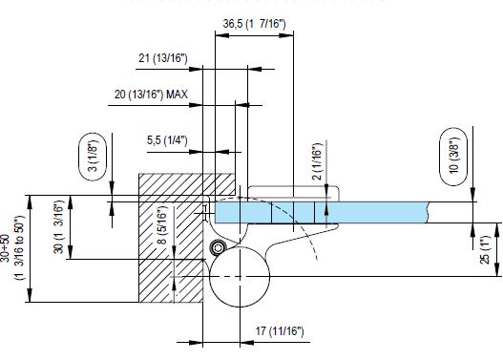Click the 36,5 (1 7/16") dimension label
tap(254, 24)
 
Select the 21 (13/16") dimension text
tap(163, 58)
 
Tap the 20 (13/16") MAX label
tap(151, 95)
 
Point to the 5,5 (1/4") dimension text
tap(167, 140)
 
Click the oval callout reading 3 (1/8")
tap(93, 157)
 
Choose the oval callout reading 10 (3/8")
tap(453, 157)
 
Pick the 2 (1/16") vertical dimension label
tap(317, 161)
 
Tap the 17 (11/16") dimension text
tap(280, 330)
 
